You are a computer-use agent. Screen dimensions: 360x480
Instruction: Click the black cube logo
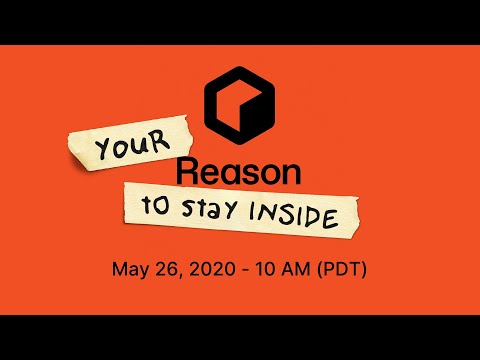point(239,103)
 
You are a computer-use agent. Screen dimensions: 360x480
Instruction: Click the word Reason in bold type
point(239,172)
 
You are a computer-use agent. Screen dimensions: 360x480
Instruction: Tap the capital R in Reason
point(187,172)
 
